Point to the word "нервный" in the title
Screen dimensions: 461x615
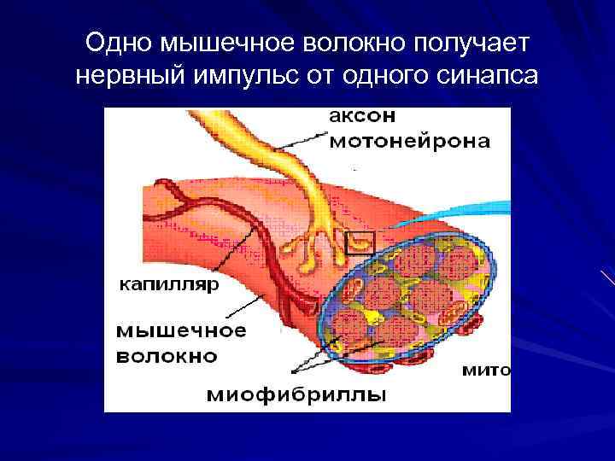(x=132, y=76)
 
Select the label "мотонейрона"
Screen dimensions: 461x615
(x=409, y=142)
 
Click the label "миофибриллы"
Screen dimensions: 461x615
(x=296, y=394)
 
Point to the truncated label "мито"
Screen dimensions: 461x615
(x=485, y=371)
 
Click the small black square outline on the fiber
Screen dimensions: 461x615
(x=360, y=243)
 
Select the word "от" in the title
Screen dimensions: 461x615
(x=322, y=76)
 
